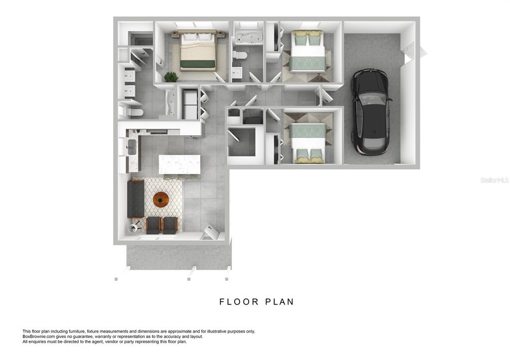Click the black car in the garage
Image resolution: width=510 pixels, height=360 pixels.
click(370, 112)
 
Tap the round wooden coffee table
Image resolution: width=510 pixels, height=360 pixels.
click(161, 199)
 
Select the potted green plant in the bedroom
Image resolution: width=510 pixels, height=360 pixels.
click(171, 77)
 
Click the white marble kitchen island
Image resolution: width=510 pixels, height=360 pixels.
click(179, 164)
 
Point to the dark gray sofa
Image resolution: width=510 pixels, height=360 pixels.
click(135, 199)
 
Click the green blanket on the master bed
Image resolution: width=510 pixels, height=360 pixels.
click(198, 64)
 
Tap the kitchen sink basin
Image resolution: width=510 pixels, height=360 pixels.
click(132, 147)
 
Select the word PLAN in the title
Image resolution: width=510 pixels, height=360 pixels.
click(280, 302)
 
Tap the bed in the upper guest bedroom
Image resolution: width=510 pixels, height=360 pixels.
click(308, 51)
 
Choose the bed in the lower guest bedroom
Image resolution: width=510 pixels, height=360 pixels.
click(307, 143)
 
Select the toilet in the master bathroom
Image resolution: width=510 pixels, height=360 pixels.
click(134, 112)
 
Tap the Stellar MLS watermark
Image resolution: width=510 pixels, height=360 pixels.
click(495, 180)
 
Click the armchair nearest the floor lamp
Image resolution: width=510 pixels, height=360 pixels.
click(153, 225)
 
